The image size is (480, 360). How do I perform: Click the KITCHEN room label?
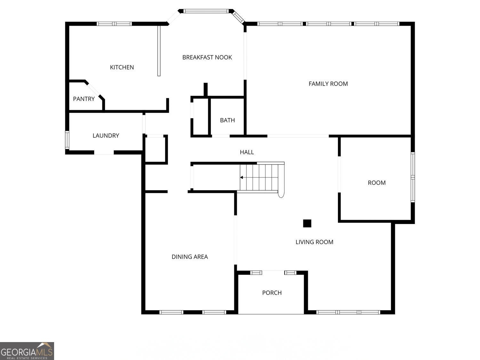pos(122,67)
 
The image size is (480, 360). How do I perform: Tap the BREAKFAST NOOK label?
pos(207,58)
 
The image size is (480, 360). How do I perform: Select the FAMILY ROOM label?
pos(328,84)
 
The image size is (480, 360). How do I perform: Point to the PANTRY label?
pos(84,99)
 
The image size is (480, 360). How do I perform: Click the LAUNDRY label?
pos(106,136)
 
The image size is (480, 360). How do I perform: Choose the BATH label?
pos(228,120)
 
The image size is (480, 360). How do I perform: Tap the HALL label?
pos(247,152)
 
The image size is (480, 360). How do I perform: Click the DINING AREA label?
pos(189,257)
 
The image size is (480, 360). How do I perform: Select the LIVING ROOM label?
pos(315,242)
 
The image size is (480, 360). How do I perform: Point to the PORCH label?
pos(272,293)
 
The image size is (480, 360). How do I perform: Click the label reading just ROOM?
pos(377,183)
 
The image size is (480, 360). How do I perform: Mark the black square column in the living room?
pos(307,223)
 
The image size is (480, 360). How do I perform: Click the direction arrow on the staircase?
pos(241,178)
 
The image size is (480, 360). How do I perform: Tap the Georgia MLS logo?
pos(27,351)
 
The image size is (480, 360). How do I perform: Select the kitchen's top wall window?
pos(114,24)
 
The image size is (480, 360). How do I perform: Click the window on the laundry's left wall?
pos(67,140)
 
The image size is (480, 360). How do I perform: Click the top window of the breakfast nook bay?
pos(205,11)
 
